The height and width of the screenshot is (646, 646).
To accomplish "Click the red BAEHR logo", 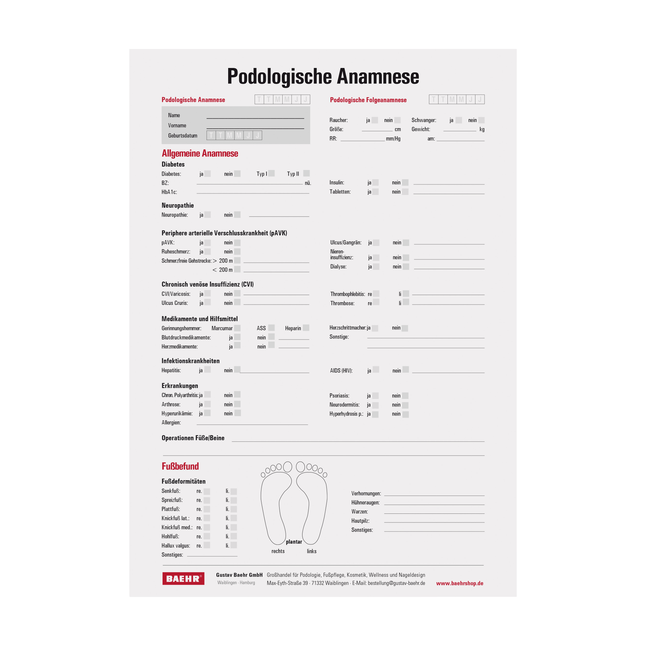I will tap(183, 578).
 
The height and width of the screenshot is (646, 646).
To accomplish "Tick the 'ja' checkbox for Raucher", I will tap(375, 120).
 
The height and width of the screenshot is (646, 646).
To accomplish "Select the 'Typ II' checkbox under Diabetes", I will tap(306, 173).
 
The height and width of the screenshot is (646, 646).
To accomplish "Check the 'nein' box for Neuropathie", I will tap(237, 215).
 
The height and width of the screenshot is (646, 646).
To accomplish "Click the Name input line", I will tap(255, 116).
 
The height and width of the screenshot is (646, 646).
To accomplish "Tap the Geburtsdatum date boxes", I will tap(234, 135).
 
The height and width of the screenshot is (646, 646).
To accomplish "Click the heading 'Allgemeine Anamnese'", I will tap(200, 153).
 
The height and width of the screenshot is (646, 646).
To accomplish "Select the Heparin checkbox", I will tap(306, 328).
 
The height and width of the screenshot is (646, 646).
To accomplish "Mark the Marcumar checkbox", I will tap(237, 328).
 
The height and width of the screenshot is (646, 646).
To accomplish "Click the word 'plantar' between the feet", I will tap(294, 542).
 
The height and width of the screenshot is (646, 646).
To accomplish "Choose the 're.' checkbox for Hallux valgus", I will tap(207, 545).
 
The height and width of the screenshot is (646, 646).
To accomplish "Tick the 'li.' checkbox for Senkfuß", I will tap(234, 491).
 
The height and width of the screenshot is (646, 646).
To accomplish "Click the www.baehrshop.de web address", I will tap(460, 583).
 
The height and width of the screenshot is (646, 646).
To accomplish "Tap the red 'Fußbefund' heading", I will tap(180, 466).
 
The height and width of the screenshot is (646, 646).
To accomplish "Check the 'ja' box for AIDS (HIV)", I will tap(376, 370).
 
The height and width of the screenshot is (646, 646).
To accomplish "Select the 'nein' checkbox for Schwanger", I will tap(481, 120).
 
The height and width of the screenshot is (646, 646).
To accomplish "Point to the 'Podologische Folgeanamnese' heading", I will tap(368, 100).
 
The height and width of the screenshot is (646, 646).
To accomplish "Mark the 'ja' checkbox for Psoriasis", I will tap(375, 396).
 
